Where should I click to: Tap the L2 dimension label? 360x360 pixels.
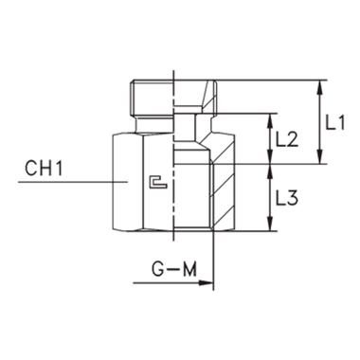pyautogui.click(x=287, y=140)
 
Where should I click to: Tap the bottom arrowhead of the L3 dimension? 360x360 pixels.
pyautogui.click(x=272, y=225)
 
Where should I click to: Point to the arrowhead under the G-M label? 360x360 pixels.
pyautogui.click(x=210, y=281)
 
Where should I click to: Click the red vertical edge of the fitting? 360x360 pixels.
pyautogui.click(x=129, y=98)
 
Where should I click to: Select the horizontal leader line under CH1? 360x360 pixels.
pyautogui.click(x=66, y=179)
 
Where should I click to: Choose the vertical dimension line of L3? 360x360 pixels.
pyautogui.click(x=272, y=196)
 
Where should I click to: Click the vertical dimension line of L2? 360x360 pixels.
pyautogui.click(x=272, y=140)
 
